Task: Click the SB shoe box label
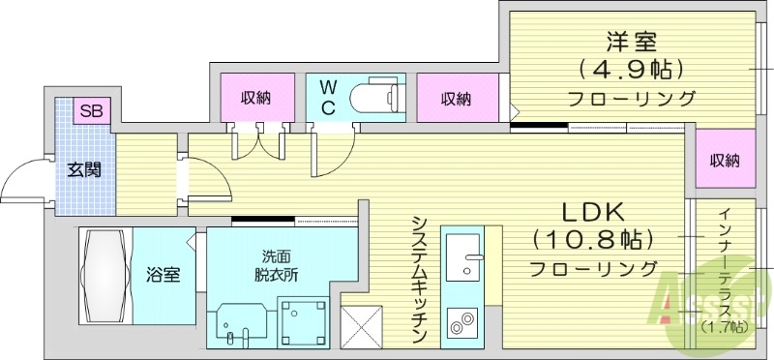pos(90,110)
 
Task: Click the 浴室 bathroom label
pos(164,275)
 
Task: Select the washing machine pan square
pos(306,319)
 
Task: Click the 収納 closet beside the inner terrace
pos(724,161)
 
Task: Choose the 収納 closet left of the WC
pos(256,97)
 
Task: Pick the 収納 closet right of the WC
pos(457,98)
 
